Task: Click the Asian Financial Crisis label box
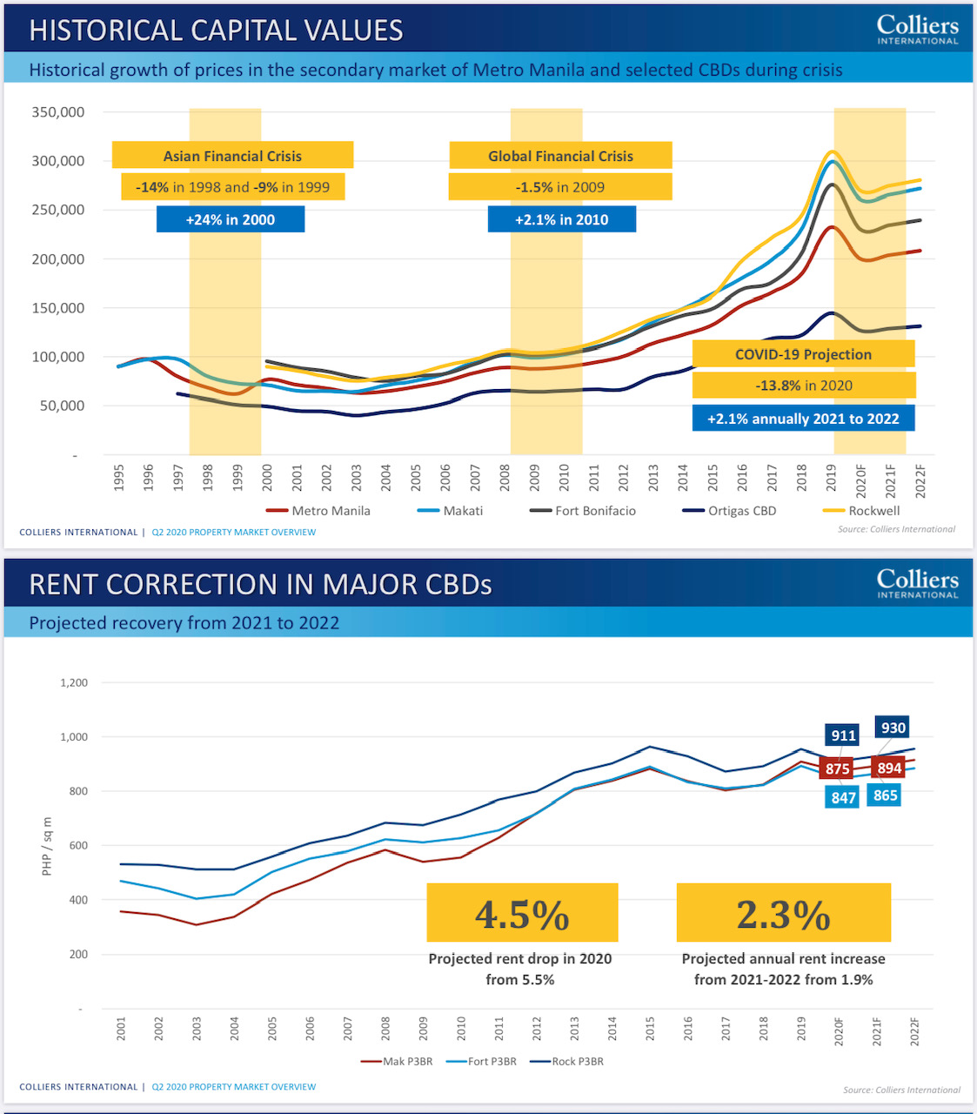pyautogui.click(x=232, y=156)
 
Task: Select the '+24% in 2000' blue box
pyautogui.click(x=231, y=219)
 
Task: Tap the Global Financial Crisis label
pyautogui.click(x=560, y=156)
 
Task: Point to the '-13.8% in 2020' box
pyautogui.click(x=804, y=386)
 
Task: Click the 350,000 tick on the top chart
pyautogui.click(x=58, y=112)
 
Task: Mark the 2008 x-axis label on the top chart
pyautogui.click(x=505, y=478)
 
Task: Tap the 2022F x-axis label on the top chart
pyautogui.click(x=920, y=481)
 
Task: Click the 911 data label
pyautogui.click(x=843, y=735)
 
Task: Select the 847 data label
pyautogui.click(x=843, y=797)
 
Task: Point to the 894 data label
pyautogui.click(x=889, y=768)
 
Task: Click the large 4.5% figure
pyautogui.click(x=522, y=914)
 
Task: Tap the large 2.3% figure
pyautogui.click(x=783, y=914)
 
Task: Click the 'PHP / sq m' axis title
pyautogui.click(x=47, y=846)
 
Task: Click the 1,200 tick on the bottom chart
pyautogui.click(x=74, y=683)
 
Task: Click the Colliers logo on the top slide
pyautogui.click(x=917, y=29)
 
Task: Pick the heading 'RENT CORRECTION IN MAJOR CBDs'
pyautogui.click(x=260, y=584)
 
